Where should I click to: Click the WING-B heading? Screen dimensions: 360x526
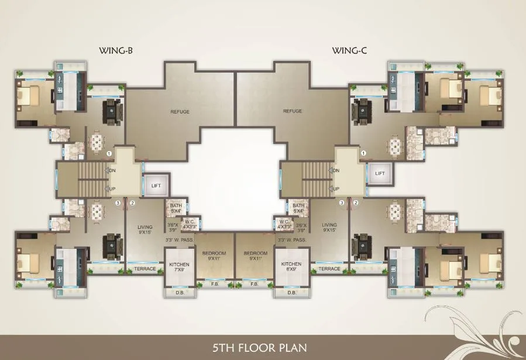point(116,50)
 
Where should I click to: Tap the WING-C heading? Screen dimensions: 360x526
point(349,50)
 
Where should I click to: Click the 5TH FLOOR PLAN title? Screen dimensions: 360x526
point(263,347)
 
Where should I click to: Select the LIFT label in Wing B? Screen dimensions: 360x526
point(156,186)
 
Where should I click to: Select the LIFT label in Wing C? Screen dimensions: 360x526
point(380,173)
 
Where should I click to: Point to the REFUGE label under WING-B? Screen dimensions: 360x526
point(180,111)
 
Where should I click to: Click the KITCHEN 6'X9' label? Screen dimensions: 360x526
point(291,267)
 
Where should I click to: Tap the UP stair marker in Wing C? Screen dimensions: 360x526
point(336,188)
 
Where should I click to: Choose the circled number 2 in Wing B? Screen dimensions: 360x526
point(133,203)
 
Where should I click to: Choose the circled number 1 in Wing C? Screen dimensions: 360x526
point(363,153)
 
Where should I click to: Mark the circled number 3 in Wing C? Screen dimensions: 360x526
point(341,203)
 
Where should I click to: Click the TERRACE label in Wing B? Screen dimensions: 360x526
point(145,269)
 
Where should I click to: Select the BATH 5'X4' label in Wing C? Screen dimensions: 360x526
point(298,208)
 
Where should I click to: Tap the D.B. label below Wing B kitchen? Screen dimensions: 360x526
point(178,292)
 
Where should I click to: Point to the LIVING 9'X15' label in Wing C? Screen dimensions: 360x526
point(329,227)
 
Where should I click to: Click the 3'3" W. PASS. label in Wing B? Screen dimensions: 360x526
point(179,240)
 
